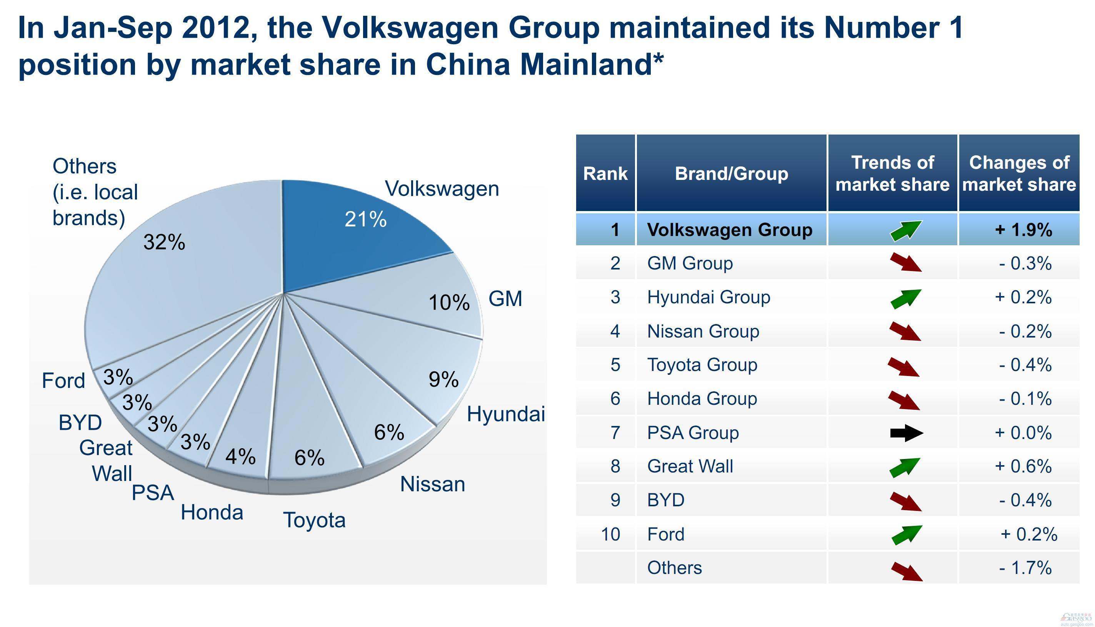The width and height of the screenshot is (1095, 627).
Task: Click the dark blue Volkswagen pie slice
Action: pos(345,241)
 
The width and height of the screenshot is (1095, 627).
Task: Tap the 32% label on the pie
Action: pos(164,242)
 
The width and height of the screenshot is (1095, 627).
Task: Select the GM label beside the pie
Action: pos(505,299)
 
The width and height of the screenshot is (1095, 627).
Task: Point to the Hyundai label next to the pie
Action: pos(506,414)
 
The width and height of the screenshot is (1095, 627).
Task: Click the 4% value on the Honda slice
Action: pos(240,456)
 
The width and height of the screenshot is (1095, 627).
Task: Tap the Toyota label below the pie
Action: pos(314,520)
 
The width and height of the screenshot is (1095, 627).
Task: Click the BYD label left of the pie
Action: pos(80,423)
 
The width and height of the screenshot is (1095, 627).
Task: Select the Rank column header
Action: pos(605,173)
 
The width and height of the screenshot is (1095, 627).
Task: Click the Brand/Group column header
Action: pos(732,173)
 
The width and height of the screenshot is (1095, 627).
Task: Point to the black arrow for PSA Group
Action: pos(906,433)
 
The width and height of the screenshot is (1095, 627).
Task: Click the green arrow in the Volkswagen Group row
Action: pos(906,230)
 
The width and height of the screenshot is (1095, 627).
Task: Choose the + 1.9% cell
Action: pos(1023,230)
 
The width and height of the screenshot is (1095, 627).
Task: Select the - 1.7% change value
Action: pos(1025,568)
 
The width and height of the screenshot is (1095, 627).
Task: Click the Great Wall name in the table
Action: pos(690,466)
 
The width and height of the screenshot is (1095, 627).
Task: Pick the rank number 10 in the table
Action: pos(610,534)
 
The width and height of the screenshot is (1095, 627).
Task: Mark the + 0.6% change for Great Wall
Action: pos(1023,466)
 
